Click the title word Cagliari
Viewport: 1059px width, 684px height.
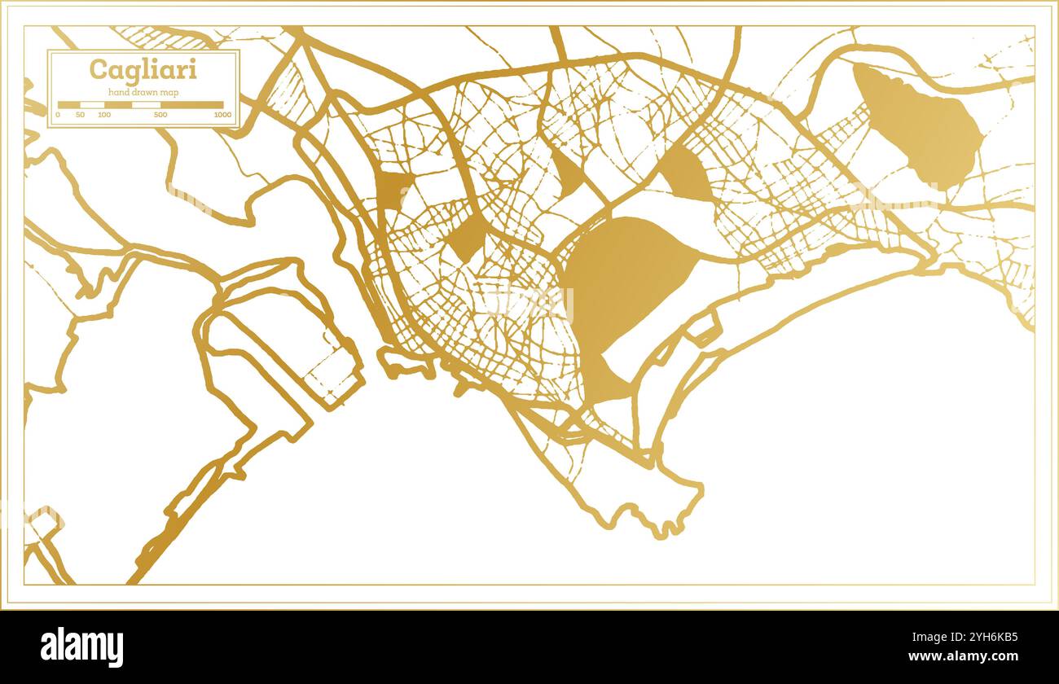pyautogui.click(x=143, y=70)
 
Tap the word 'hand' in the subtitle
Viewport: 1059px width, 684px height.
pyautogui.click(x=119, y=92)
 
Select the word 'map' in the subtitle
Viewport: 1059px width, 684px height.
pyautogui.click(x=169, y=92)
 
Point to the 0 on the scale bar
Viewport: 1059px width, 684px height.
pyautogui.click(x=57, y=115)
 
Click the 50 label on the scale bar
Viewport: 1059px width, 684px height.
pyautogui.click(x=80, y=115)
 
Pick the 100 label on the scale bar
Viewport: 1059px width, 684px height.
pyautogui.click(x=104, y=115)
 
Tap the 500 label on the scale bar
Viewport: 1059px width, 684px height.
pyautogui.click(x=160, y=115)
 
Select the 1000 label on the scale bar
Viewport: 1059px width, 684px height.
pyautogui.click(x=222, y=115)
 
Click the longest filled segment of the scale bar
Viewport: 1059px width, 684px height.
pyautogui.click(x=191, y=105)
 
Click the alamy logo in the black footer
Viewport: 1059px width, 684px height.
pyautogui.click(x=82, y=647)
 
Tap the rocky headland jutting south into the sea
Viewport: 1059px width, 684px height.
pyautogui.click(x=652, y=497)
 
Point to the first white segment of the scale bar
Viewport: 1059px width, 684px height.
pyautogui.click(x=91, y=105)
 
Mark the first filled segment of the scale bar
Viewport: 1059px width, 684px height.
pyautogui.click(x=68, y=105)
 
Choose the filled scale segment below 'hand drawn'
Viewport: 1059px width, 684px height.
pyautogui.click(x=117, y=105)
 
